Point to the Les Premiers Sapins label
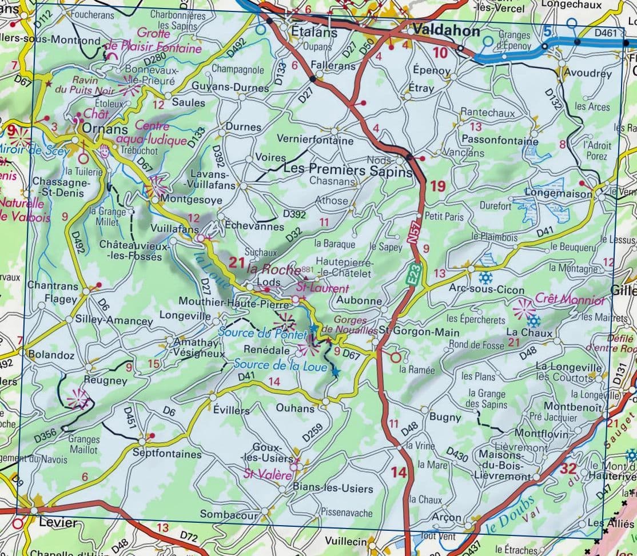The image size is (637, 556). click(348, 170)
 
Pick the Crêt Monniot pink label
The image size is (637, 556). click(570, 299)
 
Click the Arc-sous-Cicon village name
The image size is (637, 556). click(487, 289)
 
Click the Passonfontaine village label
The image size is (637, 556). click(500, 140)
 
